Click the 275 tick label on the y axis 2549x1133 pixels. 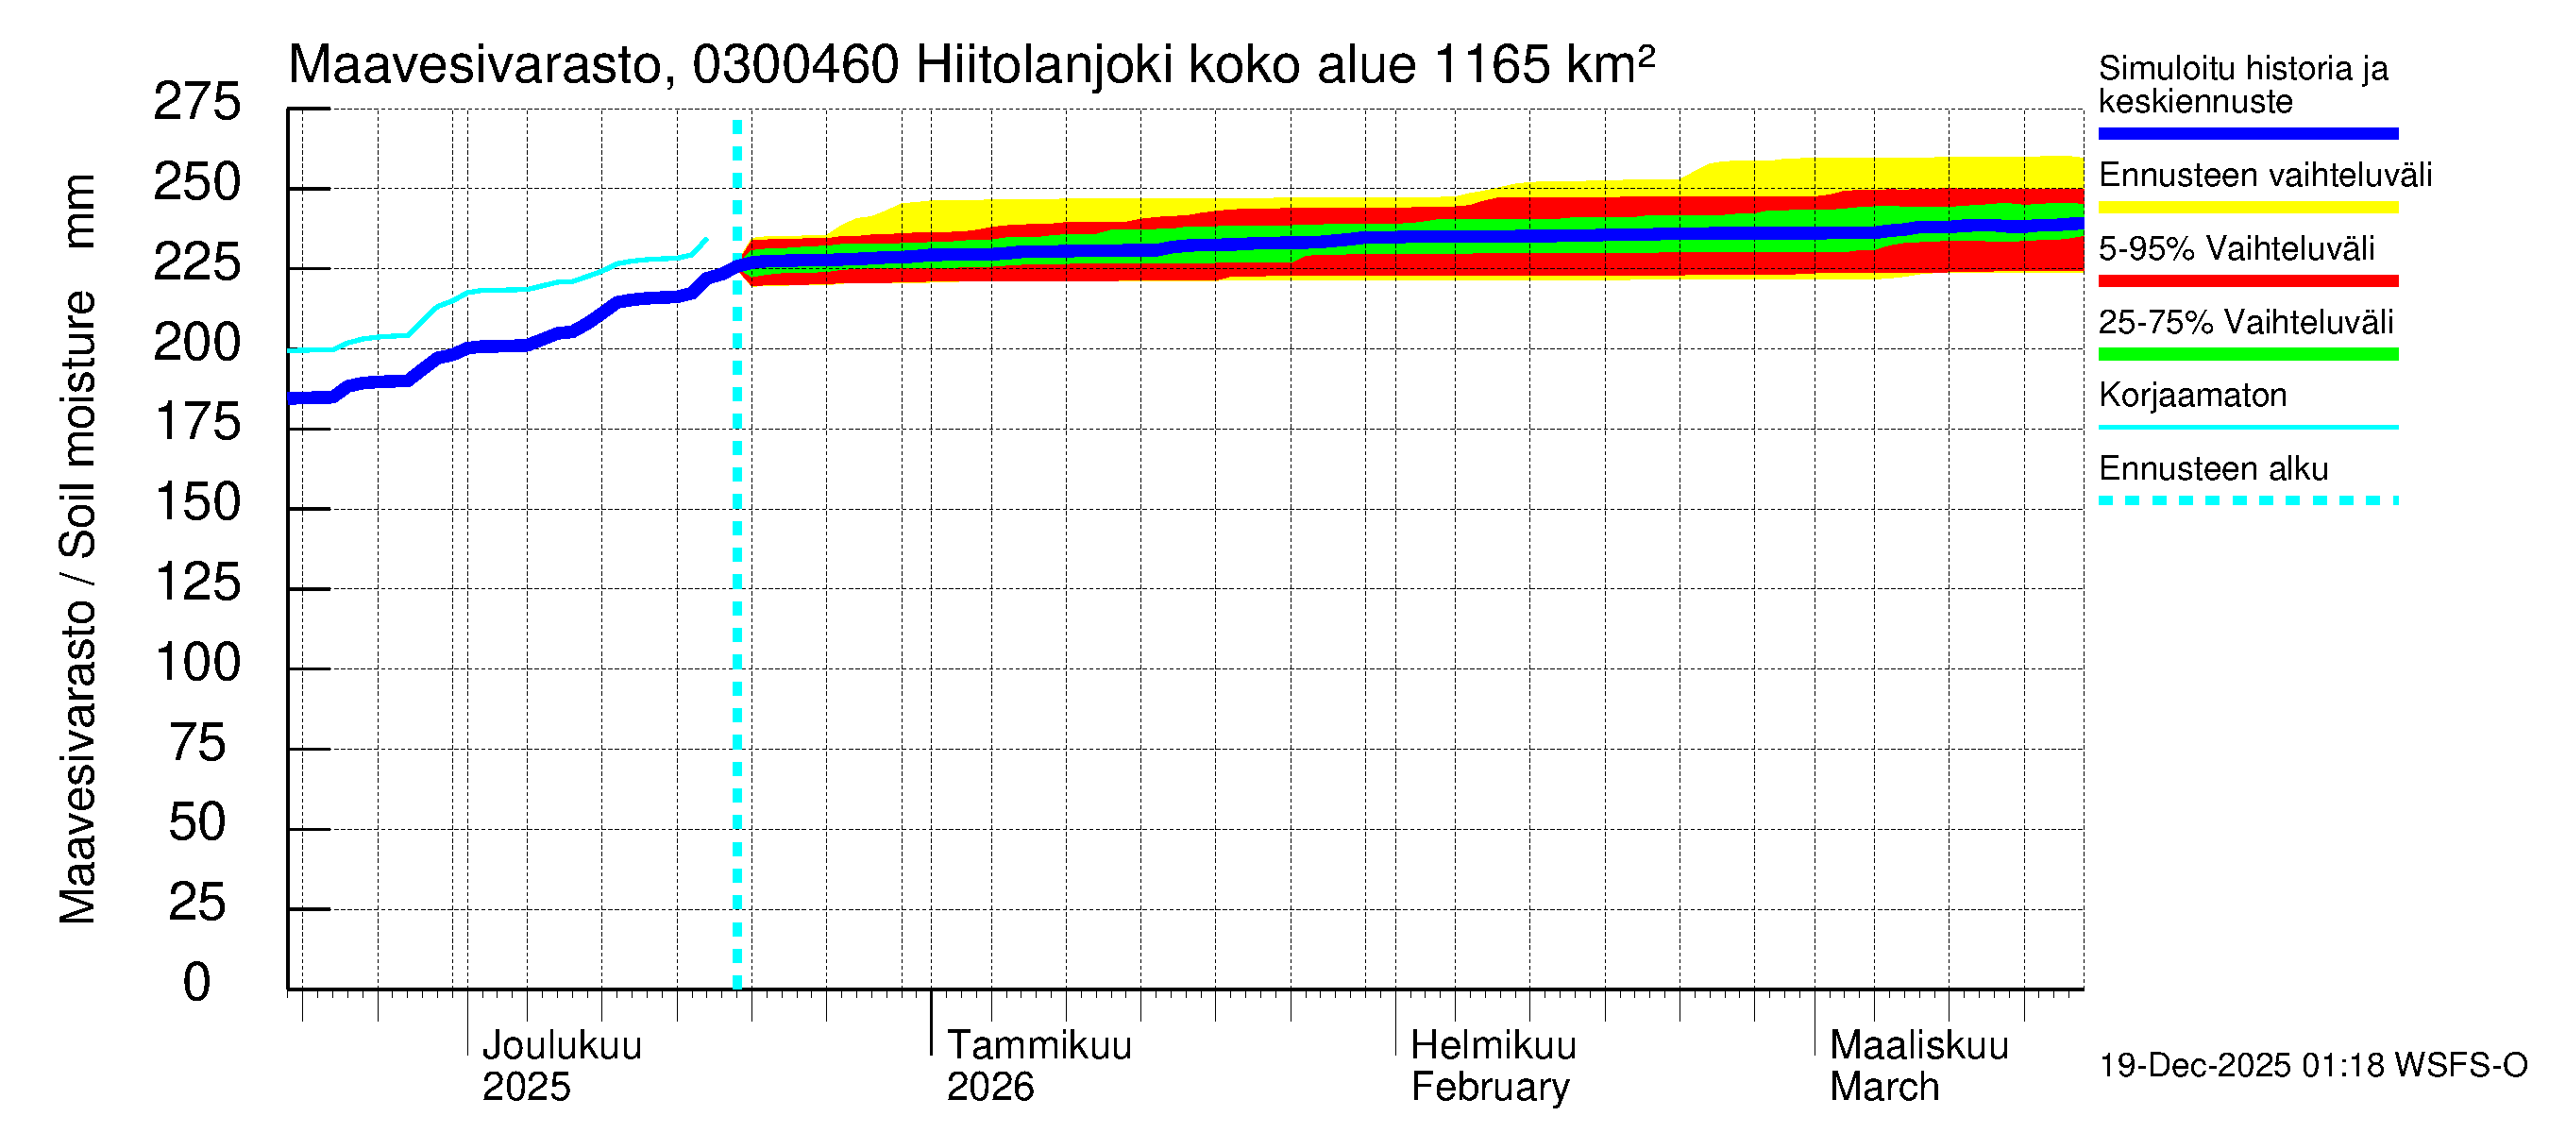point(197,103)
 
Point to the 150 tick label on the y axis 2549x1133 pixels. point(198,502)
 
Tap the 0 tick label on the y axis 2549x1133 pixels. point(197,983)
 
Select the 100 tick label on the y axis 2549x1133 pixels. point(198,663)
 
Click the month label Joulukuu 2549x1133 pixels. point(561,1045)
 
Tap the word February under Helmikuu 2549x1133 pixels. point(1489,1087)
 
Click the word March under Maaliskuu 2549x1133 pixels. point(1883,1087)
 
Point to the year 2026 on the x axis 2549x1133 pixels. point(989,1087)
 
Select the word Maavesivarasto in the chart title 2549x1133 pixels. point(475,65)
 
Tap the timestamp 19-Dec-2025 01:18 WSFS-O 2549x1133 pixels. point(2312,1066)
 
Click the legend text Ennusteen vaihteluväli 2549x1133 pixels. point(2264,176)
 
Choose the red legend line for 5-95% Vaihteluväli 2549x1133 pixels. point(2247,281)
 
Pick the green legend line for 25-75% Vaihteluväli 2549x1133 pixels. point(2247,354)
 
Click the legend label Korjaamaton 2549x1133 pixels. point(2192,395)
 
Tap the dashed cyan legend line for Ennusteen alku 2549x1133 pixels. point(2247,500)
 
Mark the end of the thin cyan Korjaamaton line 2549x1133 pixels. point(705,239)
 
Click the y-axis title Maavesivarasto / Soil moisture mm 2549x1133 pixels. point(77,550)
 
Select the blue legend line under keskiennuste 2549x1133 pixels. point(2247,133)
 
